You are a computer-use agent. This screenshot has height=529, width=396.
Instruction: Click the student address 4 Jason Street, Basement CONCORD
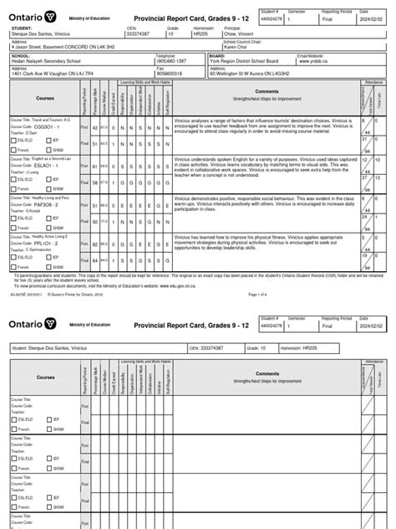(58, 48)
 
